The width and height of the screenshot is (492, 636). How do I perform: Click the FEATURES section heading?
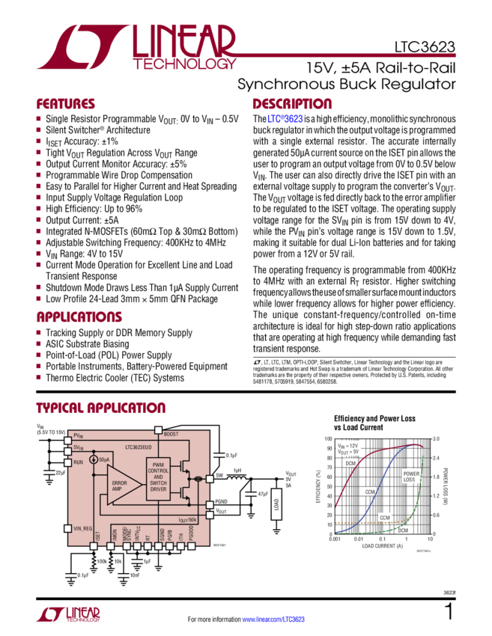pyautogui.click(x=66, y=104)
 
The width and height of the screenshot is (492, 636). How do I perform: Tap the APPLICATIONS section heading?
pyautogui.click(x=79, y=317)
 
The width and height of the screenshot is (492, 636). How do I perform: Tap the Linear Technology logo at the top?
pyautogui.click(x=142, y=48)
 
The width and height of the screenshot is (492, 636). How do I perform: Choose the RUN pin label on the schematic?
pyautogui.click(x=78, y=462)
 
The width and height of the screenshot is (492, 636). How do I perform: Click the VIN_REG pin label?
pyautogui.click(x=84, y=528)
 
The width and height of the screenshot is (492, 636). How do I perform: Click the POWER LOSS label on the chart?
pyautogui.click(x=412, y=476)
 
